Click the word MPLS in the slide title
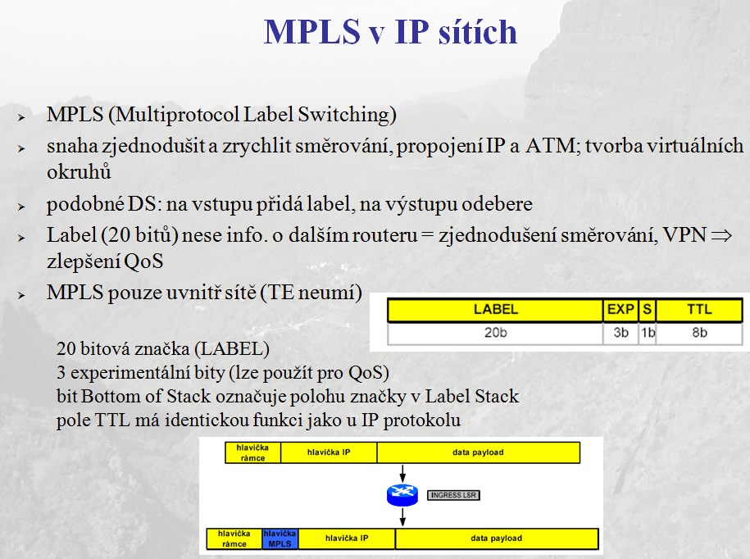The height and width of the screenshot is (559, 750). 311,32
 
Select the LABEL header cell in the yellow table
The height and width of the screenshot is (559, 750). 495,309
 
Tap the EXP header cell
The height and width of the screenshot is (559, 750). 620,309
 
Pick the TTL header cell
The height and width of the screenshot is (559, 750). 699,309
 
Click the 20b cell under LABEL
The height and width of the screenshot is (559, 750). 495,333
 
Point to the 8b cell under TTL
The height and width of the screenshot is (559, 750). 699,333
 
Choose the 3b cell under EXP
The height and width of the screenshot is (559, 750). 620,333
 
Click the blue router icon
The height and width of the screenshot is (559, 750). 402,495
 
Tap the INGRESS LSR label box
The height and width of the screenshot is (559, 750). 453,495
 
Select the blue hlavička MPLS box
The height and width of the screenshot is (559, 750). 280,539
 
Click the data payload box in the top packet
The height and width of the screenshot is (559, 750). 479,452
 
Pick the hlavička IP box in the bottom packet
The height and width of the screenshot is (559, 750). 347,539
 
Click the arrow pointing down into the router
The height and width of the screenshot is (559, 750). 402,474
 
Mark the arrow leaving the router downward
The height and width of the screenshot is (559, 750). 402,517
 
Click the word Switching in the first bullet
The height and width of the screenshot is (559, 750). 347,116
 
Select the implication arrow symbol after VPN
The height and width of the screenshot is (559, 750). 722,235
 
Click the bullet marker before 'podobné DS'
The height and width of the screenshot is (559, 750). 21,207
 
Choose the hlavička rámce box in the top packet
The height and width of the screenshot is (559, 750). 252,452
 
